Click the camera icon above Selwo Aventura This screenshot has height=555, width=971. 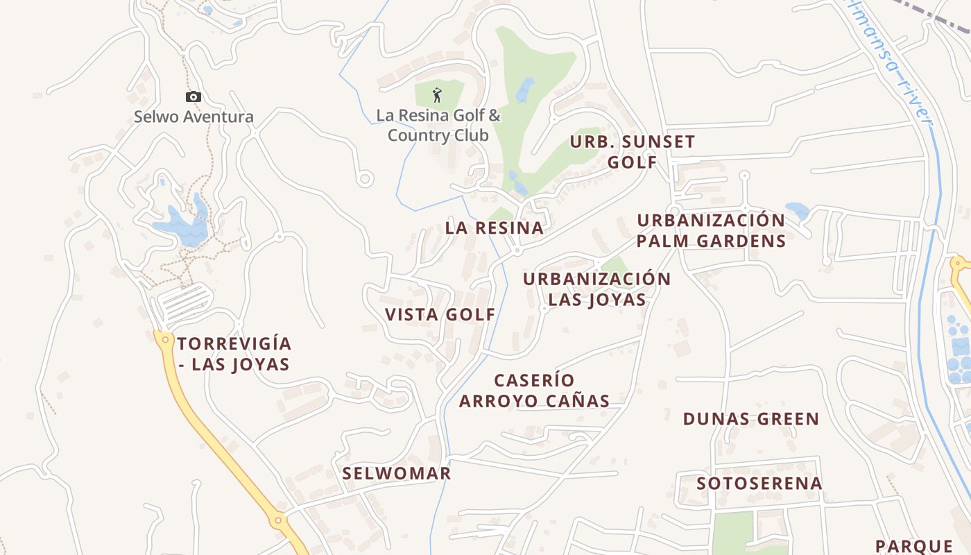(x=194, y=96)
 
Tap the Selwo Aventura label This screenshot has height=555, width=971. (x=194, y=117)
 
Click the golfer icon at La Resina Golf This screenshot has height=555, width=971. (x=437, y=94)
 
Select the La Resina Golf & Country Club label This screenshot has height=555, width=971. (x=438, y=125)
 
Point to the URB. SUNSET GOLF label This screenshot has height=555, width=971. (x=632, y=152)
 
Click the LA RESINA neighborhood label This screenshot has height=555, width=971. (x=495, y=228)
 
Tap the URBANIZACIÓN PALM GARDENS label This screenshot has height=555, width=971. (x=711, y=230)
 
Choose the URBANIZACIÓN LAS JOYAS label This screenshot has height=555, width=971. (x=597, y=289)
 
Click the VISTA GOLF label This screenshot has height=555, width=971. (x=440, y=314)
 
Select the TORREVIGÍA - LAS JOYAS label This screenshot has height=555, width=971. (x=234, y=354)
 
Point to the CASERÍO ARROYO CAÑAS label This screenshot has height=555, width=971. (x=534, y=391)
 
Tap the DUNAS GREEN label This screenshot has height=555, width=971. (x=751, y=419)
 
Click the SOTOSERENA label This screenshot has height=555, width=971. (x=759, y=483)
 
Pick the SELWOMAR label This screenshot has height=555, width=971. (x=397, y=473)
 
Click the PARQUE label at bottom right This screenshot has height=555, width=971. (x=913, y=546)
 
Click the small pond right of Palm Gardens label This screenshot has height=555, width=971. (x=797, y=210)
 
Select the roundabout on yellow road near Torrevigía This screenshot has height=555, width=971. (x=164, y=339)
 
